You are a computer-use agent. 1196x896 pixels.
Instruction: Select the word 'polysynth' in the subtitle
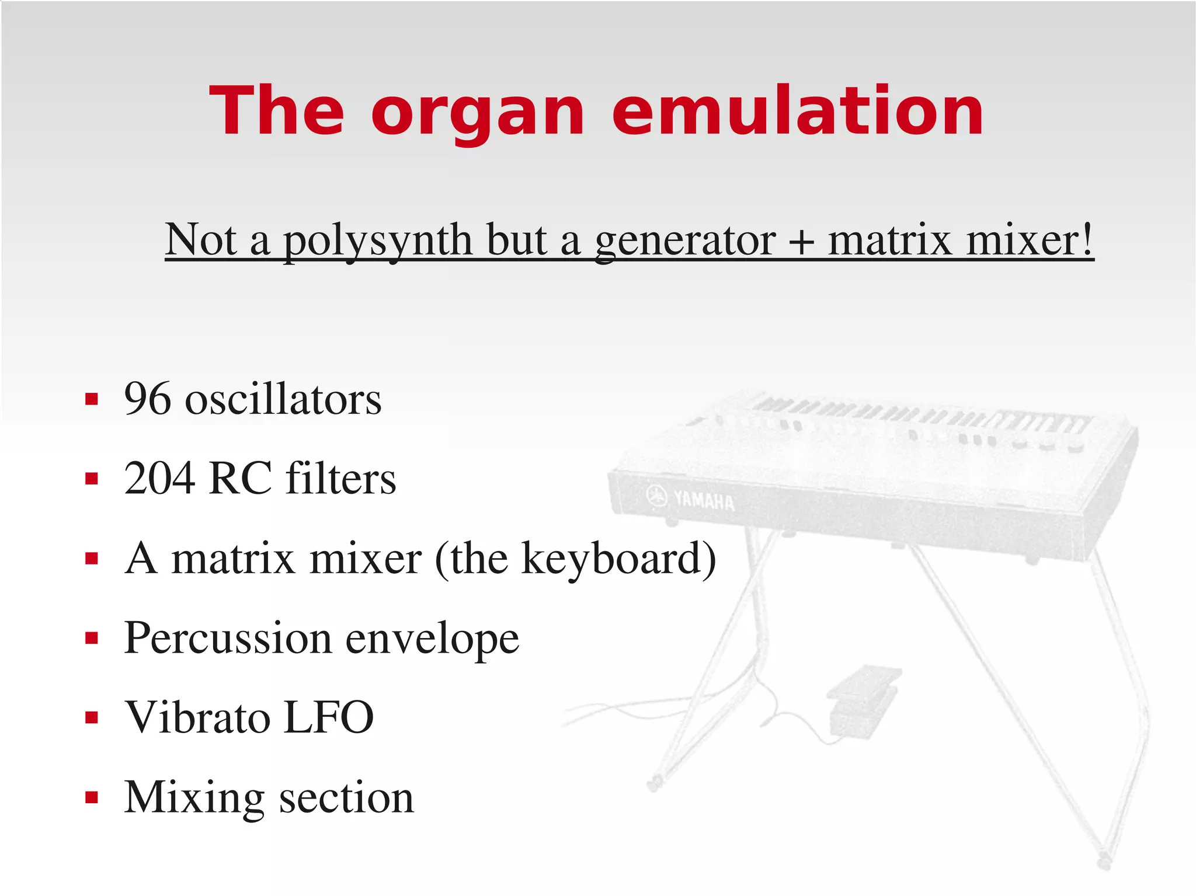(x=378, y=240)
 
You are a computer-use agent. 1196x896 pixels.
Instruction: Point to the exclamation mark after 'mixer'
(x=1087, y=239)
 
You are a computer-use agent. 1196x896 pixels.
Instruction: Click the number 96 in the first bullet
(x=148, y=399)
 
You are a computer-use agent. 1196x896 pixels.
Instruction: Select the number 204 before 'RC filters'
(x=159, y=479)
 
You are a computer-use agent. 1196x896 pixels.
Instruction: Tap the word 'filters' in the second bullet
(x=341, y=479)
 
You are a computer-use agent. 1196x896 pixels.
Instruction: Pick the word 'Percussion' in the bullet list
(x=228, y=638)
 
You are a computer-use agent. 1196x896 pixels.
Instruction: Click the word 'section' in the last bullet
(x=346, y=798)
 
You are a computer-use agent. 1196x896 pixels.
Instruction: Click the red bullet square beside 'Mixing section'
(x=91, y=797)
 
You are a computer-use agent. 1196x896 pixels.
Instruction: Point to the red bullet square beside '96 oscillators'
(x=91, y=399)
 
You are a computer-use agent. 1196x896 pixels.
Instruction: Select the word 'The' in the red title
(x=277, y=112)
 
